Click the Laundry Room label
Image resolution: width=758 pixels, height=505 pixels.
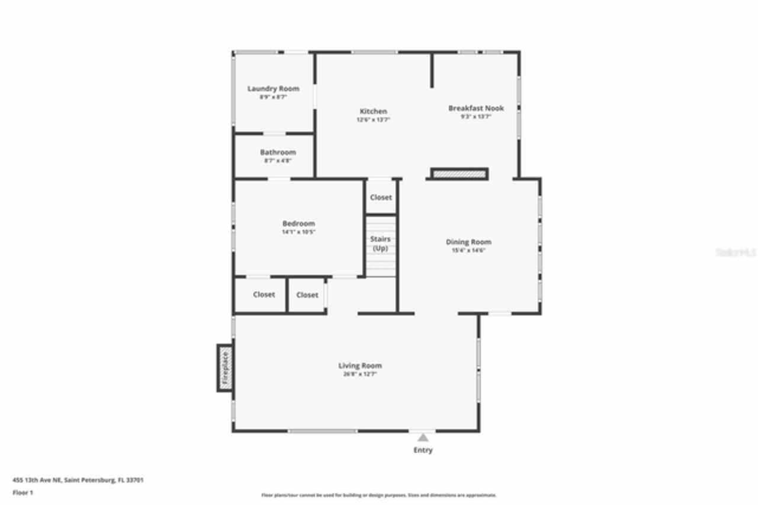click(273, 89)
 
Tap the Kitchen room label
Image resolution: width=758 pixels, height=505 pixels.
click(373, 111)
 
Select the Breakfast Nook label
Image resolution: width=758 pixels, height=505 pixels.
click(476, 108)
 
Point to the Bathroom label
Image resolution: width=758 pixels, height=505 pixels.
click(278, 152)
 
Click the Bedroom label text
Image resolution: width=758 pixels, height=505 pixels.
click(298, 223)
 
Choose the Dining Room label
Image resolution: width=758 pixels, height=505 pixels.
click(468, 242)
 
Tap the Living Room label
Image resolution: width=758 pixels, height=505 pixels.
click(360, 366)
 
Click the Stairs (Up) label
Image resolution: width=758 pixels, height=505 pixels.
click(380, 244)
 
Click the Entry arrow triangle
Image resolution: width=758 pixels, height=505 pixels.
click(423, 438)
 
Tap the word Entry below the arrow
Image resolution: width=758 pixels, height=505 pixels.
click(423, 450)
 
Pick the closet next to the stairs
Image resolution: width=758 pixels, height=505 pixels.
click(381, 197)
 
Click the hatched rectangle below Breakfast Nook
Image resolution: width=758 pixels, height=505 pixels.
click(459, 174)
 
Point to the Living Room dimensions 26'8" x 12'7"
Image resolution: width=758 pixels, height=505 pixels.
click(360, 374)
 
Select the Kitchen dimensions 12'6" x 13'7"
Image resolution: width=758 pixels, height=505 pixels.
click(373, 120)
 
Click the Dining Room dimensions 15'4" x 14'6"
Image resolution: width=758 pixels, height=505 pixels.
click(468, 250)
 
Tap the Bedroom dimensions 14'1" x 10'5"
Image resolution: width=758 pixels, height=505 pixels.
click(298, 232)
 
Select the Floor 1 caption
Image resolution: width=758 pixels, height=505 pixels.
click(23, 492)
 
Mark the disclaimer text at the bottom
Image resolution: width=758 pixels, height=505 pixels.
click(379, 495)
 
